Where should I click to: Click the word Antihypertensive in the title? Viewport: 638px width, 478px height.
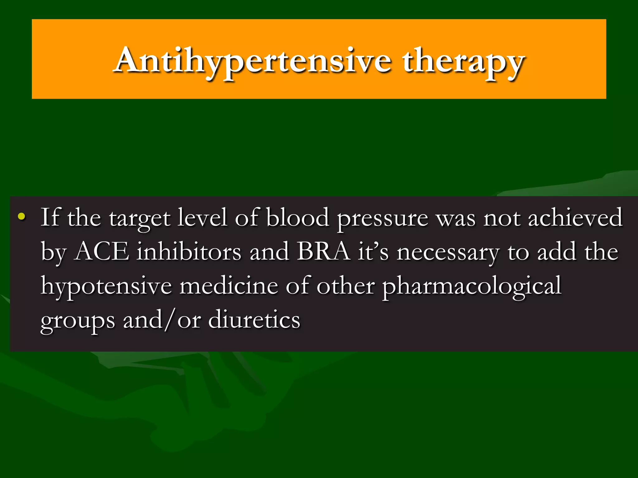[x=252, y=61]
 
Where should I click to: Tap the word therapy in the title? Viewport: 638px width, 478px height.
[x=463, y=61]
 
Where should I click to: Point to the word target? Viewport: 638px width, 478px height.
[x=139, y=218]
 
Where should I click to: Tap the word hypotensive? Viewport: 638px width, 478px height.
[x=106, y=286]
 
